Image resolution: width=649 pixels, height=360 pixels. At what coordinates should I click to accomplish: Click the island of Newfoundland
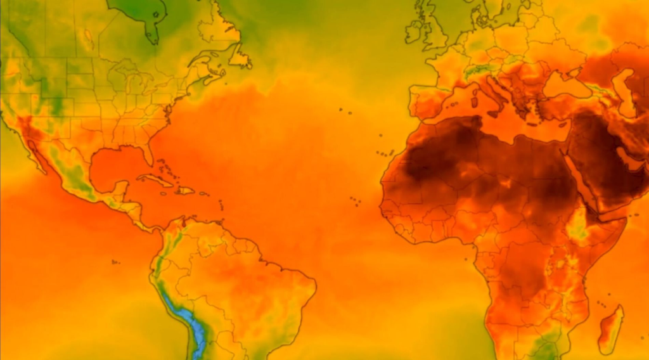(240, 59)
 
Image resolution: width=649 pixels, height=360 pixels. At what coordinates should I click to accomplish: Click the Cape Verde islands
(355, 202)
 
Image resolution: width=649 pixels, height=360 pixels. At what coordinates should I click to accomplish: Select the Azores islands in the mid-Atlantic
(345, 112)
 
